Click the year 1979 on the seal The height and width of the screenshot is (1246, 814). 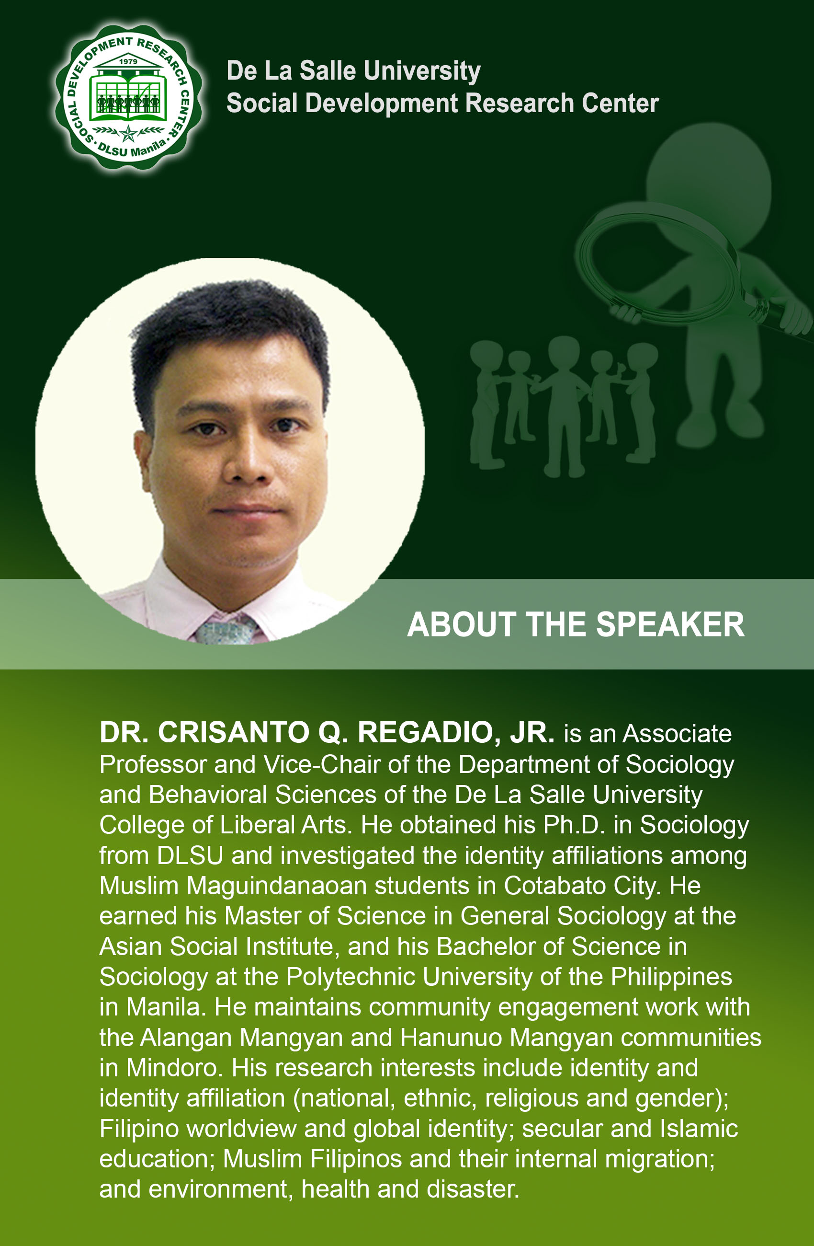coord(128,61)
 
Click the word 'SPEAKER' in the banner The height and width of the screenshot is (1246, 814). coord(670,624)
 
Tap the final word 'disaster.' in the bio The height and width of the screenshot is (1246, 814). coord(473,1189)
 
